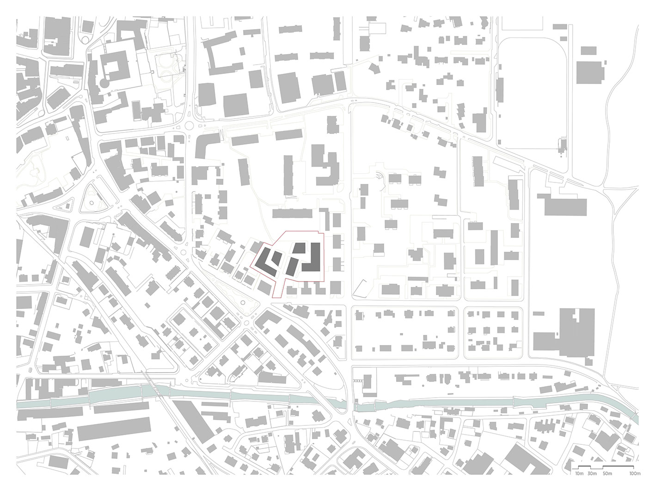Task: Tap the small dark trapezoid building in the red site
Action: click(300, 249)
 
